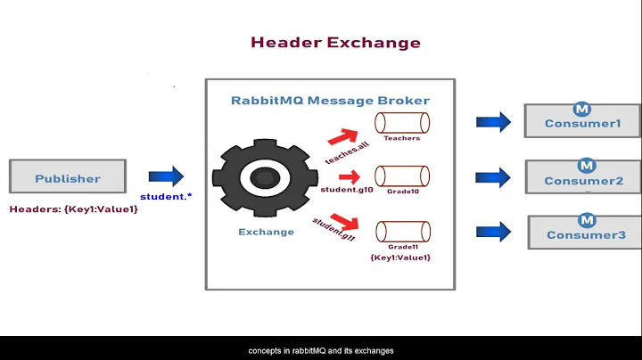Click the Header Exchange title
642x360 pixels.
tap(335, 42)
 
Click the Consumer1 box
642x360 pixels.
tap(582, 122)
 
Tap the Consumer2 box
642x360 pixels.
tap(583, 179)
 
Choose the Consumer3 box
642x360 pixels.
tap(585, 234)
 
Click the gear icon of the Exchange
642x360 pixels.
tap(265, 179)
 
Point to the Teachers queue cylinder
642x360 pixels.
tap(401, 121)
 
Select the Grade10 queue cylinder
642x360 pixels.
tap(401, 174)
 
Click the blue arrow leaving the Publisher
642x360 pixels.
tap(165, 176)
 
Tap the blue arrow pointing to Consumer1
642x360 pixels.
tap(492, 122)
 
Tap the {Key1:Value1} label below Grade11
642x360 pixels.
tap(400, 258)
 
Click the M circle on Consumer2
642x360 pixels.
tap(586, 165)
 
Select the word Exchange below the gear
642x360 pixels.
tap(266, 232)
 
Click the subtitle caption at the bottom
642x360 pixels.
tap(321, 350)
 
